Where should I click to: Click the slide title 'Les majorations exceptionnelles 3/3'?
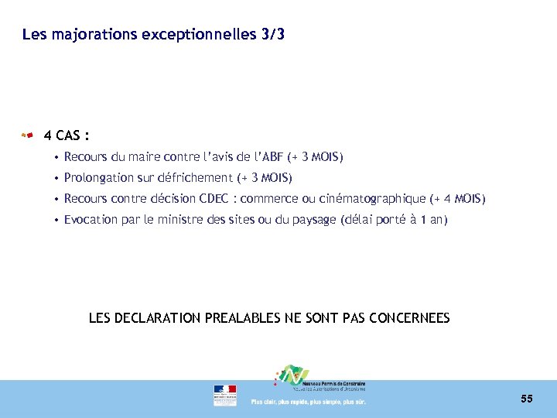click(x=153, y=35)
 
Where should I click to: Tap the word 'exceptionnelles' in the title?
click(x=195, y=35)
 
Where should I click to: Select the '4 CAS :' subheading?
click(x=67, y=136)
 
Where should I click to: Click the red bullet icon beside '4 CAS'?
click(x=27, y=136)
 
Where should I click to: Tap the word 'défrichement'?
click(x=196, y=178)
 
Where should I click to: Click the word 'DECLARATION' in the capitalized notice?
click(x=159, y=318)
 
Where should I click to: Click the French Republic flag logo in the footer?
click(x=225, y=395)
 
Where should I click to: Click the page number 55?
click(x=526, y=399)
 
